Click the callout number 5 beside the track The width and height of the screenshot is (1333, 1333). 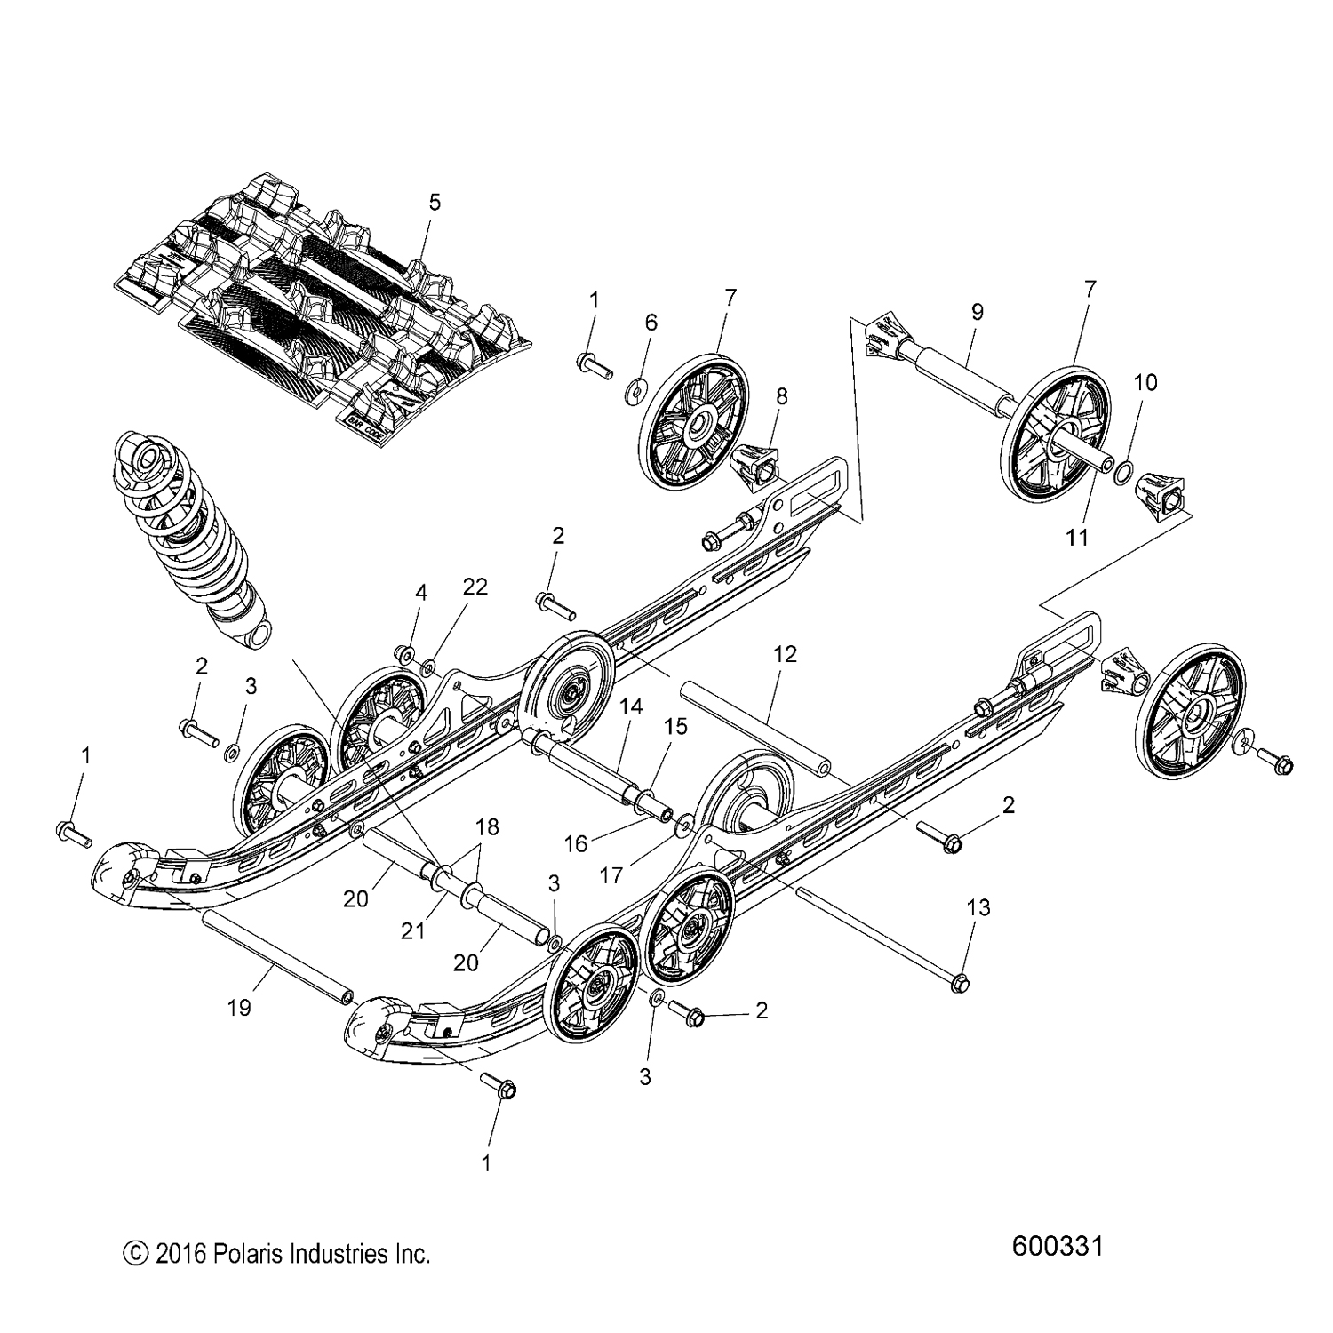tap(434, 203)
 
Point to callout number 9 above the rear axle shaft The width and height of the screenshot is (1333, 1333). tap(977, 312)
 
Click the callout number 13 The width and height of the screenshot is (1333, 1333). tap(978, 908)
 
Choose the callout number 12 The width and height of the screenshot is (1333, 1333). tap(786, 654)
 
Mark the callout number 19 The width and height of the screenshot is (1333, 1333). tap(239, 1007)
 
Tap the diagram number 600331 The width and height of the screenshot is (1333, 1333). tap(1058, 1246)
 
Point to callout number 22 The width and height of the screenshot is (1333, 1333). tap(475, 587)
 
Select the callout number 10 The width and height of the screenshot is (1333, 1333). tap(1145, 382)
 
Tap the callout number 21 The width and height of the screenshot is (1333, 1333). tap(413, 930)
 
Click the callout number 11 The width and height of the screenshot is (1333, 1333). tap(1077, 538)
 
